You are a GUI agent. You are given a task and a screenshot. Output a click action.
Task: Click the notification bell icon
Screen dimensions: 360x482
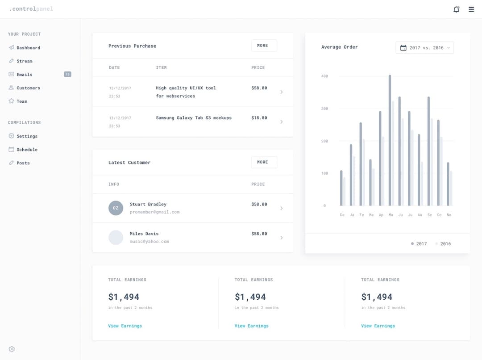(x=456, y=9)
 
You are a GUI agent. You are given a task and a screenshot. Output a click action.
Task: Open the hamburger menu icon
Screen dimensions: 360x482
(x=471, y=9)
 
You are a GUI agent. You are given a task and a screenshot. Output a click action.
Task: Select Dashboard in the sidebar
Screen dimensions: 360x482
(x=28, y=48)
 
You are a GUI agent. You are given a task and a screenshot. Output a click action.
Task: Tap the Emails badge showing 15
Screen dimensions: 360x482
(x=67, y=74)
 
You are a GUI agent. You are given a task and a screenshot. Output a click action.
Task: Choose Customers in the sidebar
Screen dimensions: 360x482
(x=28, y=88)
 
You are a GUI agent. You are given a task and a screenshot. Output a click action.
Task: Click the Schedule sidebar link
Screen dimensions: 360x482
(x=27, y=150)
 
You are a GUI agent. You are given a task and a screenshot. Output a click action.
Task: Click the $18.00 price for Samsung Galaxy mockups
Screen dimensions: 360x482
(x=259, y=118)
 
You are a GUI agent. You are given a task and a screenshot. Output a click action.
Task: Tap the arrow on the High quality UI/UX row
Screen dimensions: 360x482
(x=281, y=92)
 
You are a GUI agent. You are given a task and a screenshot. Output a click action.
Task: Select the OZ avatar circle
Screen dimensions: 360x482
(x=116, y=208)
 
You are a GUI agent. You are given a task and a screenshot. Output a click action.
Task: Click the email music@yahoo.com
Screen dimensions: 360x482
(x=149, y=242)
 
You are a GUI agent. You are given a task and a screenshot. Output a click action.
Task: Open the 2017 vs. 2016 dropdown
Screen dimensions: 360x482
(x=424, y=48)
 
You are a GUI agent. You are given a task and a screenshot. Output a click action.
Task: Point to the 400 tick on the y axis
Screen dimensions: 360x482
(x=324, y=76)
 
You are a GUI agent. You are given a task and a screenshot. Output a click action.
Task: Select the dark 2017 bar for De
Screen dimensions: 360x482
(x=341, y=188)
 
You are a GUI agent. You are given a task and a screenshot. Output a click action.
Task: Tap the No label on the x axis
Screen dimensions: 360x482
(x=449, y=215)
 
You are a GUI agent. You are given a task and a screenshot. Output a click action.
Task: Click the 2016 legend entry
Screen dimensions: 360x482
(x=445, y=244)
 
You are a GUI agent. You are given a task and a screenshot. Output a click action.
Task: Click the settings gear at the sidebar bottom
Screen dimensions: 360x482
(x=12, y=349)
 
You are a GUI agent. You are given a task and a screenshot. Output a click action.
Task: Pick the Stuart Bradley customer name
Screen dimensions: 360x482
(x=148, y=204)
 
